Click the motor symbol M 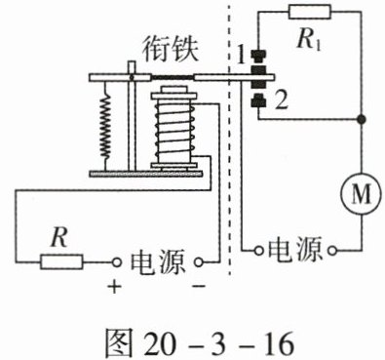pyautogui.click(x=361, y=194)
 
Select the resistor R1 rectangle pyautogui.click(x=310, y=12)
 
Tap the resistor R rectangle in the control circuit pyautogui.click(x=61, y=261)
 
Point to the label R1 pyautogui.click(x=309, y=40)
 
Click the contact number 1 pyautogui.click(x=241, y=56)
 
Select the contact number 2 pyautogui.click(x=281, y=100)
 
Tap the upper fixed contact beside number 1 pyautogui.click(x=258, y=56)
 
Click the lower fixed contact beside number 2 pyautogui.click(x=258, y=100)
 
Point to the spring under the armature pyautogui.click(x=105, y=127)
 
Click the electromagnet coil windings pyautogui.click(x=174, y=129)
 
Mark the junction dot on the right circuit pyautogui.click(x=361, y=119)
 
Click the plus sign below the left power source pyautogui.click(x=114, y=286)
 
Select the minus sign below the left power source pyautogui.click(x=199, y=286)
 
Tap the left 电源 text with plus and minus pyautogui.click(x=158, y=262)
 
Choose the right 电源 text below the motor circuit pyautogui.click(x=295, y=250)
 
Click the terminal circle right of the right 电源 pyautogui.click(x=332, y=251)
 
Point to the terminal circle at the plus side pyautogui.click(x=116, y=262)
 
